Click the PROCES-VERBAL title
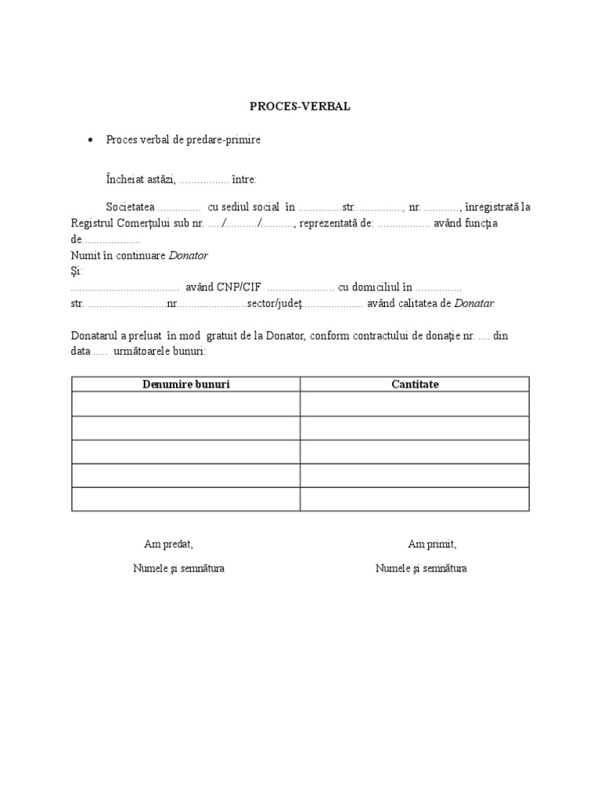pos(300,107)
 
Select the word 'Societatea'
pos(131,208)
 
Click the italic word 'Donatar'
pos(473,303)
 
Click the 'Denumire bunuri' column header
pos(186,384)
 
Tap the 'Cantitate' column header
pos(415,384)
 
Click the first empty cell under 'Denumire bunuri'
pos(186,404)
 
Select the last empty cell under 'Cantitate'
pos(415,499)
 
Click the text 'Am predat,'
pos(168,544)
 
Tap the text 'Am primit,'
pos(432,544)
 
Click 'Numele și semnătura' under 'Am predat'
pos(178,568)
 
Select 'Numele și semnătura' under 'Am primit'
pos(421,568)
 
